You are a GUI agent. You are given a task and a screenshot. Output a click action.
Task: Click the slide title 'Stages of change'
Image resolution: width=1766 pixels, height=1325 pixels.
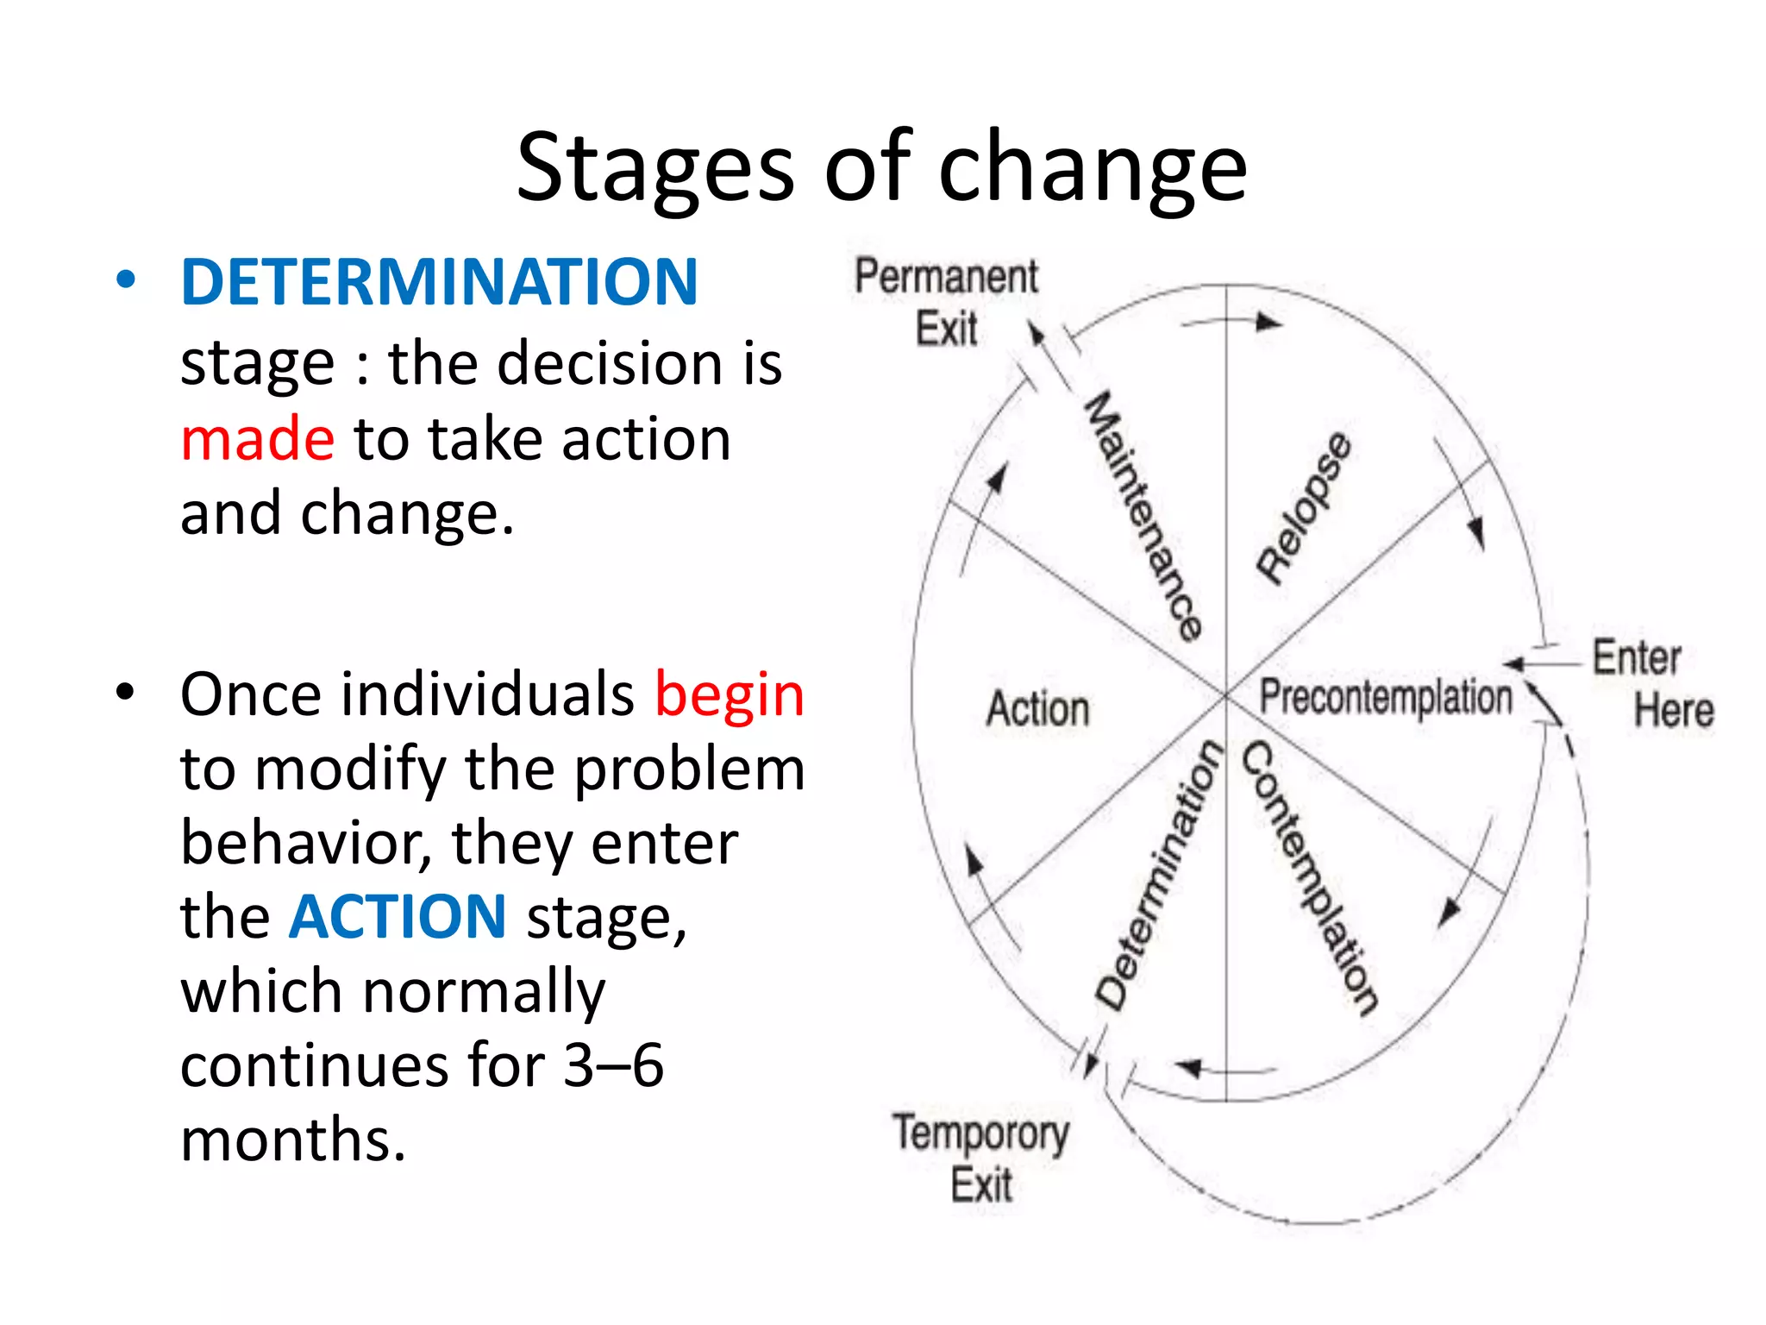coord(881,168)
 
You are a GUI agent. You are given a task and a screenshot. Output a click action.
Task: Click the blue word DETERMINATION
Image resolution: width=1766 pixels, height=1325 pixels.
coord(439,282)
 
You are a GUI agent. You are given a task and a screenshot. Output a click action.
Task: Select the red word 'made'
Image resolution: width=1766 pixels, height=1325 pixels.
coord(257,439)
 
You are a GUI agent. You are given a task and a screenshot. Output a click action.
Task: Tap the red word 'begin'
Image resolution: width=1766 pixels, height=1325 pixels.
coord(730,694)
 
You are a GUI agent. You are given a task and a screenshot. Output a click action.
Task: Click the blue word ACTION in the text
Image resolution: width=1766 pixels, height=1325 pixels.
coord(398,916)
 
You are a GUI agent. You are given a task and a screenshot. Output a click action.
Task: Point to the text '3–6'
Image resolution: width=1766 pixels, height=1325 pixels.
coord(613,1064)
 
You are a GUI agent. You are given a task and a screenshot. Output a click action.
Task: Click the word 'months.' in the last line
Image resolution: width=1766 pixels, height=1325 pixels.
coord(293,1140)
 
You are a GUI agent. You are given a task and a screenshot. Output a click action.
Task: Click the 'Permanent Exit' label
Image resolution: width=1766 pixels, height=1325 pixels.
coord(947,302)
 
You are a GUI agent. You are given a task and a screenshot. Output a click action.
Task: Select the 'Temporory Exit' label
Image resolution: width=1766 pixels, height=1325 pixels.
coord(981,1158)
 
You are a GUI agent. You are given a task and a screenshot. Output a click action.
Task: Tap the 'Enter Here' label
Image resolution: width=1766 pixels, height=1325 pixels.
coord(1651,684)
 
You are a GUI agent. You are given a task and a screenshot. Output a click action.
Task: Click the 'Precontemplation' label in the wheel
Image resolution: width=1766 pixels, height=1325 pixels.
coord(1386,697)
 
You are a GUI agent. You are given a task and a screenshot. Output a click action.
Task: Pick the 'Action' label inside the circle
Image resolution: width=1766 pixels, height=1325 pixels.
coord(1038,709)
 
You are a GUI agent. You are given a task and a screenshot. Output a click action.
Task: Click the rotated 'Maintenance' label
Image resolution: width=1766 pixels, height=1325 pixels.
coord(1143,516)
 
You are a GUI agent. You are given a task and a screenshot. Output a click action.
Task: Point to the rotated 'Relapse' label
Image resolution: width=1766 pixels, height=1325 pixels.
coord(1304,509)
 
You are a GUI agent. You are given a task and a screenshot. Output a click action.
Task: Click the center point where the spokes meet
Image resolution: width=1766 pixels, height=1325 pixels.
coord(1226,694)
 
